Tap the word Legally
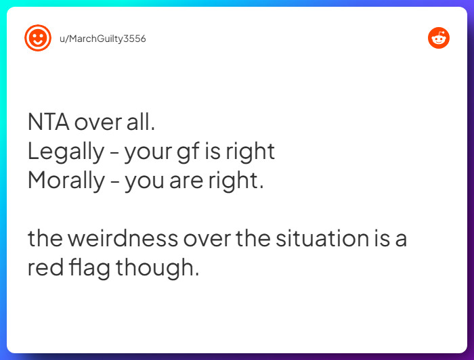(x=64, y=152)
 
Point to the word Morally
(x=66, y=181)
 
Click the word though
(x=158, y=268)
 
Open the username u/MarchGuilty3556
(x=103, y=39)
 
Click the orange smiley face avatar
(x=37, y=38)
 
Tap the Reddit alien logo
(x=439, y=38)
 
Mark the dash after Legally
(x=112, y=154)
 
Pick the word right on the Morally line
(x=236, y=181)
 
